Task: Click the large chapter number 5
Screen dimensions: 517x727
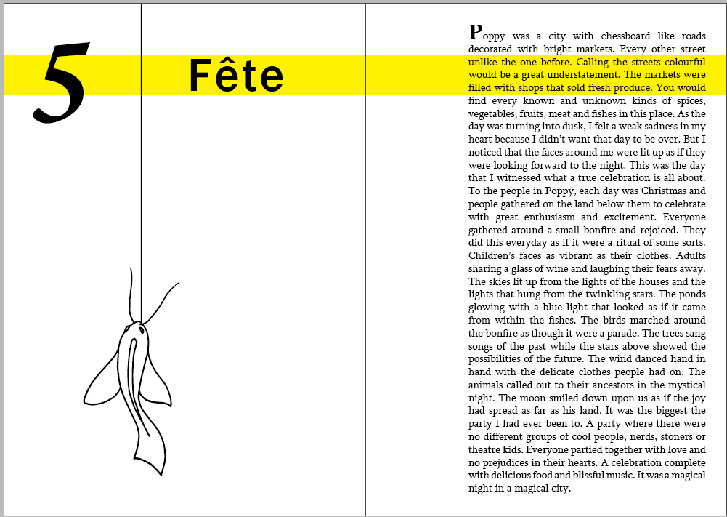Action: click(x=64, y=81)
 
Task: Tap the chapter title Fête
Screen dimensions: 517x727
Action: click(x=236, y=75)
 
